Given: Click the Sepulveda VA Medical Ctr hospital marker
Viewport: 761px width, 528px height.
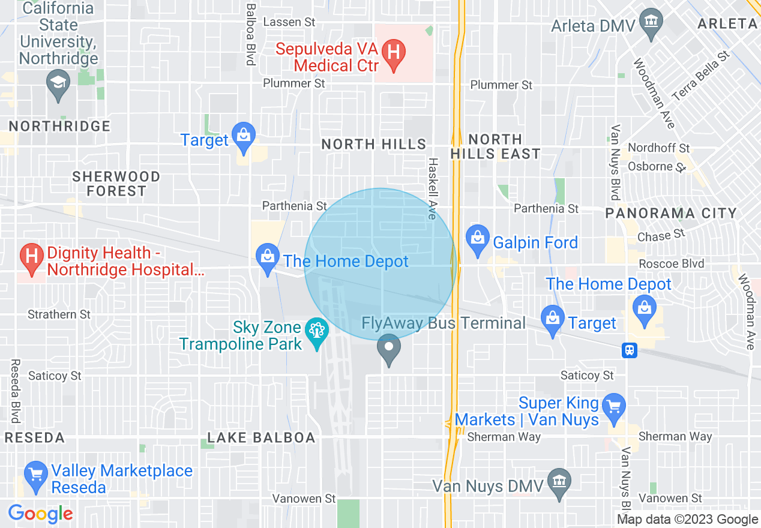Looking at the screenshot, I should tap(393, 52).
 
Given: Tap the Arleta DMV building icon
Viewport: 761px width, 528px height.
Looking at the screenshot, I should tap(651, 22).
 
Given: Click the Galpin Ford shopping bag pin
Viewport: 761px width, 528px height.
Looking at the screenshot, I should tap(478, 239).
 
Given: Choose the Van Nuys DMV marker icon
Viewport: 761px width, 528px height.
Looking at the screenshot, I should tap(559, 482).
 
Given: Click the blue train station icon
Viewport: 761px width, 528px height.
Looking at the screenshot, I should tap(630, 350).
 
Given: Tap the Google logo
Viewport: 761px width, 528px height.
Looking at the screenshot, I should tap(41, 514).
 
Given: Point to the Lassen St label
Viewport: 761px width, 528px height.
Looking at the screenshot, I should tap(289, 22).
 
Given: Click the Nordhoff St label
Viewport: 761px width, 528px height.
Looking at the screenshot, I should tap(659, 148).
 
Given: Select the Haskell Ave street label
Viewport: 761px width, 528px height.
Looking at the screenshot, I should tap(432, 188).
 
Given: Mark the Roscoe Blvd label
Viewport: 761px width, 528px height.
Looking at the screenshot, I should tap(671, 264).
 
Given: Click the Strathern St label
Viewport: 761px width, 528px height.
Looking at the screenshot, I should tap(59, 314).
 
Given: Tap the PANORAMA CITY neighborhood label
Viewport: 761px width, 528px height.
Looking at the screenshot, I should tap(671, 214).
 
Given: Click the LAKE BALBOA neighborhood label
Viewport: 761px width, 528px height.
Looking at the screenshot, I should tap(261, 438).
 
